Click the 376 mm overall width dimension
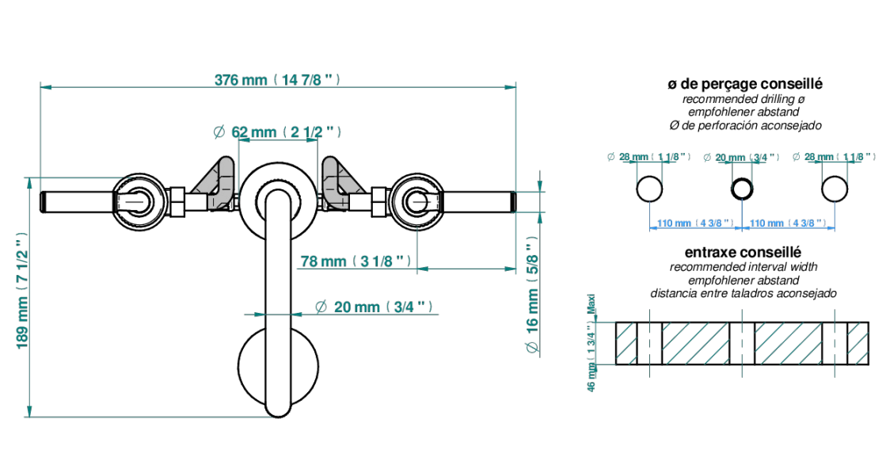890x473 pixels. [278, 79]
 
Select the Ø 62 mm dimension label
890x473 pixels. [278, 132]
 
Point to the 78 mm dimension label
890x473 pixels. [356, 261]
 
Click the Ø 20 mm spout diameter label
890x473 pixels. [375, 307]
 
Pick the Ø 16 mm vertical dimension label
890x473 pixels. [532, 296]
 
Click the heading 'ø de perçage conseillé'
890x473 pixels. [744, 84]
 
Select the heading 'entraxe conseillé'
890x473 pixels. [743, 251]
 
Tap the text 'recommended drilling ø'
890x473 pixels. [744, 99]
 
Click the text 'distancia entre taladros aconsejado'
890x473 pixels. [744, 293]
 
